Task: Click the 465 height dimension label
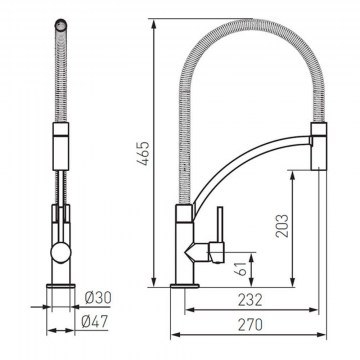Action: [x=144, y=154]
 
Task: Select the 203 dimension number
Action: [x=282, y=226]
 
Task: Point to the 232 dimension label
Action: [x=250, y=300]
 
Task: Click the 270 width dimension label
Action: [x=250, y=325]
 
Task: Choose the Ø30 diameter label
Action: [x=98, y=298]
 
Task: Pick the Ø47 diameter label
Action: [x=95, y=322]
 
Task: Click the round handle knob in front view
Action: [x=61, y=252]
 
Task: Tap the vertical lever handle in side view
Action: [x=220, y=224]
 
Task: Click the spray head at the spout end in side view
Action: [x=319, y=146]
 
